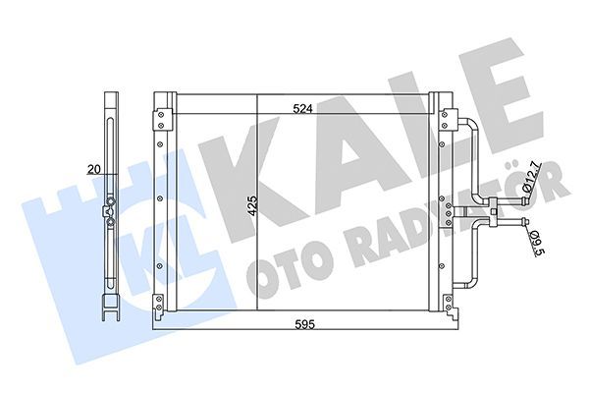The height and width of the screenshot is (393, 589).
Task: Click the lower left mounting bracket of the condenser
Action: click(x=158, y=298)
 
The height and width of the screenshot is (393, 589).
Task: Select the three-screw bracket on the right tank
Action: click(x=447, y=208)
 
